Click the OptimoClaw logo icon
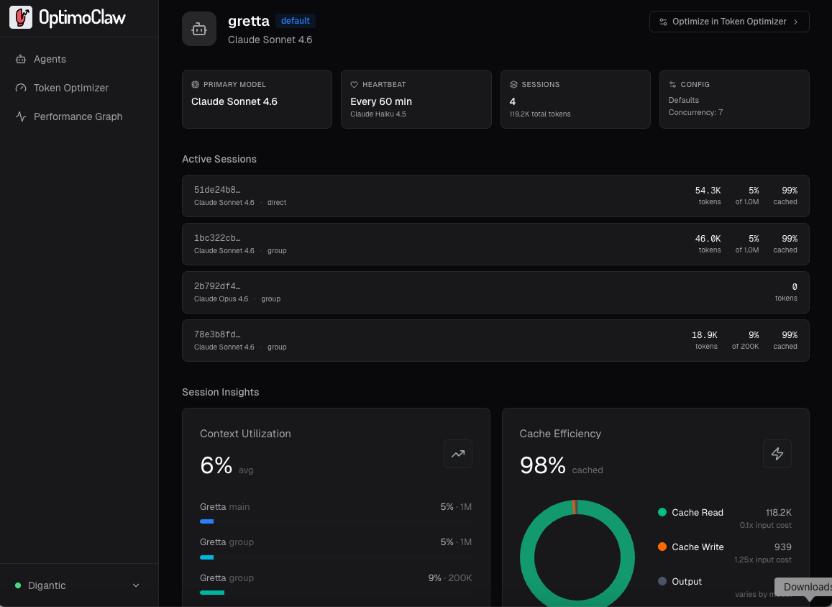coord(21,18)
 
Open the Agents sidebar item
coord(50,59)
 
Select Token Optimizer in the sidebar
coord(71,88)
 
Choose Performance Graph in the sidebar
coord(78,117)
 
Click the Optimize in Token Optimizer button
coord(728,22)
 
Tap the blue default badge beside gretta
coord(295,21)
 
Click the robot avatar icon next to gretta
coord(199,29)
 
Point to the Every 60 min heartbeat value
coord(381,101)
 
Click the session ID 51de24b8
coord(217,190)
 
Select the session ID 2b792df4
coord(217,286)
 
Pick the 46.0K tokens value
coord(708,238)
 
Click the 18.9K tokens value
coord(705,334)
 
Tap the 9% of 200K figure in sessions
coord(753,334)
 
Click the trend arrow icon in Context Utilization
coord(457,454)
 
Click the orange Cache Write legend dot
coord(662,547)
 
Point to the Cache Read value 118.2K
coord(778,512)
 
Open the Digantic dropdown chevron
coord(136,585)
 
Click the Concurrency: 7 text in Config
coord(695,112)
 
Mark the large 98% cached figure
coord(543,465)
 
